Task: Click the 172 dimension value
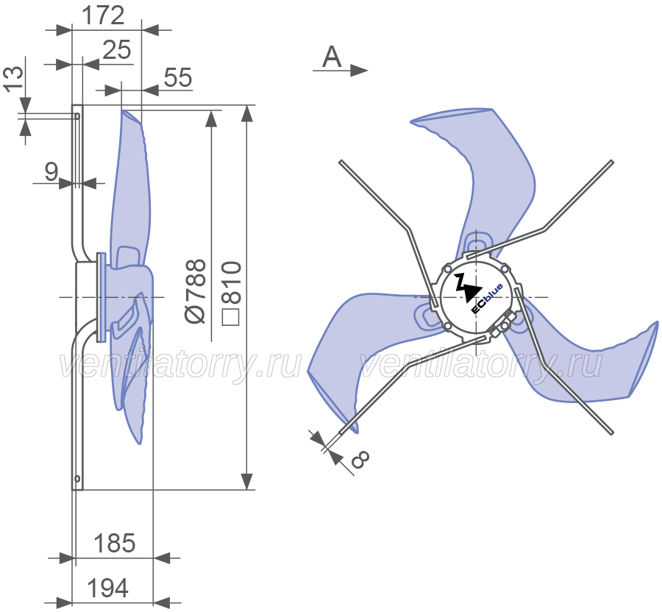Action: click(x=103, y=15)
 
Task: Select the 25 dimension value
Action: click(x=117, y=50)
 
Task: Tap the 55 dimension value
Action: click(x=178, y=77)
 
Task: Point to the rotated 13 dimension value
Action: click(x=13, y=79)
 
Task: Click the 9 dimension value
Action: click(x=51, y=171)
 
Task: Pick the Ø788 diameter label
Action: click(x=196, y=291)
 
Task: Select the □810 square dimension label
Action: click(x=232, y=293)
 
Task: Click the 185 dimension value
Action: click(x=115, y=543)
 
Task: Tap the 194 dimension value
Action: click(x=107, y=588)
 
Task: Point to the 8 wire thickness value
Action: click(x=360, y=459)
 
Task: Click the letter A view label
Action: click(x=332, y=57)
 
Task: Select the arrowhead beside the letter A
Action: click(x=359, y=71)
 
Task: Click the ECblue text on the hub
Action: click(x=487, y=299)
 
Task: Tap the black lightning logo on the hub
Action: click(x=468, y=288)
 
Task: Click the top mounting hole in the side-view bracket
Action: click(x=77, y=116)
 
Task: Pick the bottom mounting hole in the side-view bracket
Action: click(x=77, y=479)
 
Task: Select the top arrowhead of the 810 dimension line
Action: click(x=247, y=113)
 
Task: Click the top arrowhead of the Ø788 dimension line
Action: click(x=211, y=118)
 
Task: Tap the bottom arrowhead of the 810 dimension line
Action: click(x=247, y=481)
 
